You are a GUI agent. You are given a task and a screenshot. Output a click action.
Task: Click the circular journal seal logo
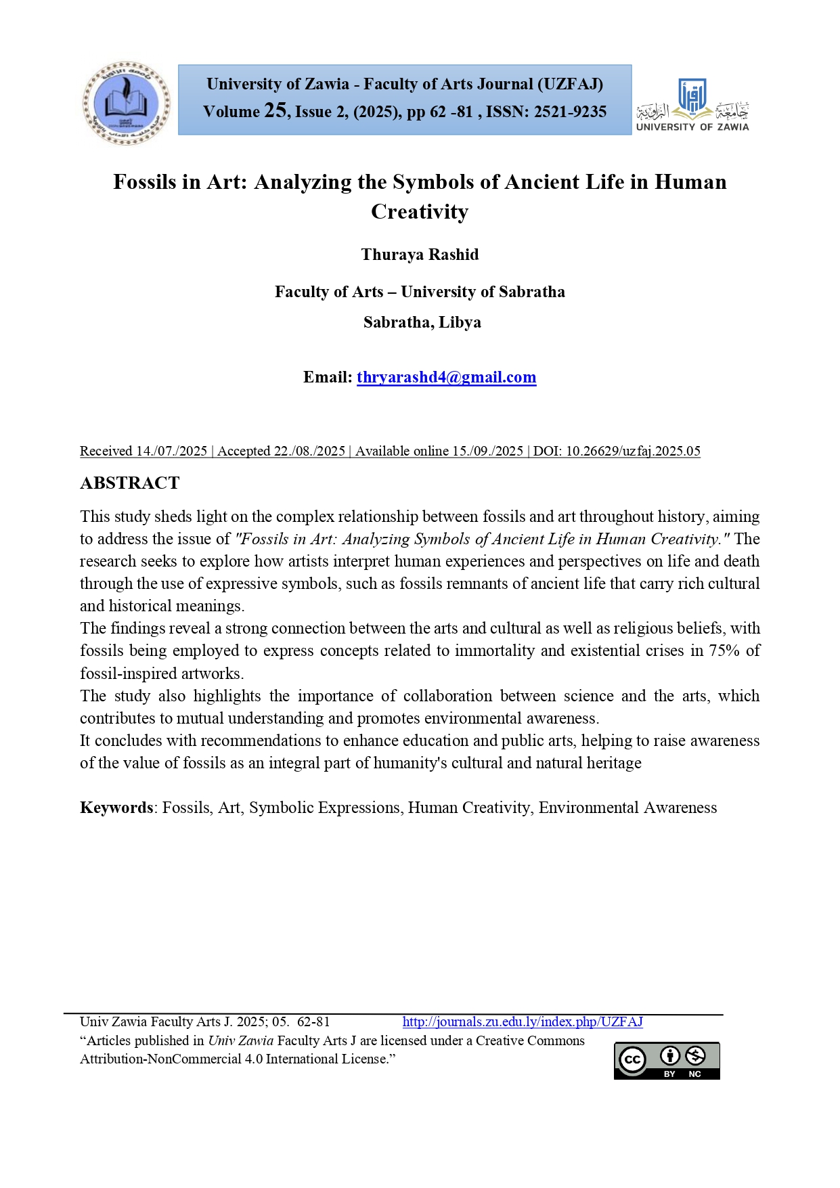pos(127,103)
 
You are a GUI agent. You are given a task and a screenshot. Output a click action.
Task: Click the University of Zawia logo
pos(692,106)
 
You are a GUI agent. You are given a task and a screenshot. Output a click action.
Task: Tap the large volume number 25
pos(275,110)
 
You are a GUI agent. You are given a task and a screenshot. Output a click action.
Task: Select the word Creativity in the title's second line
pos(420,212)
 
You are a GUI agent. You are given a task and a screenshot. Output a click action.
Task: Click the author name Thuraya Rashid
pos(420,255)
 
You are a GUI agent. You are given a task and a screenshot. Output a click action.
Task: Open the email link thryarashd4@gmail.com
pos(446,377)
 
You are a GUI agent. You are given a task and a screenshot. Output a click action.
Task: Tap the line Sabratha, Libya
pos(422,322)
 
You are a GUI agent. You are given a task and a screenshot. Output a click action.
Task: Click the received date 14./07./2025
pos(171,451)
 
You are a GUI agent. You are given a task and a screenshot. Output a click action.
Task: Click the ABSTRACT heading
pos(130,483)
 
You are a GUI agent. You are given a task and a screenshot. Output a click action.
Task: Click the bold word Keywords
pos(116,808)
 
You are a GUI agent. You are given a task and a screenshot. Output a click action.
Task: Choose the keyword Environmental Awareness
pos(627,808)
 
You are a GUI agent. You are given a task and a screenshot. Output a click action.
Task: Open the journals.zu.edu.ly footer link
pos(523,1021)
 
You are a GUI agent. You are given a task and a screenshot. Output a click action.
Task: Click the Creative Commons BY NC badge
pos(667,1060)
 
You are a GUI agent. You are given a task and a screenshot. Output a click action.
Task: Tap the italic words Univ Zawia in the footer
pos(240,1040)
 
